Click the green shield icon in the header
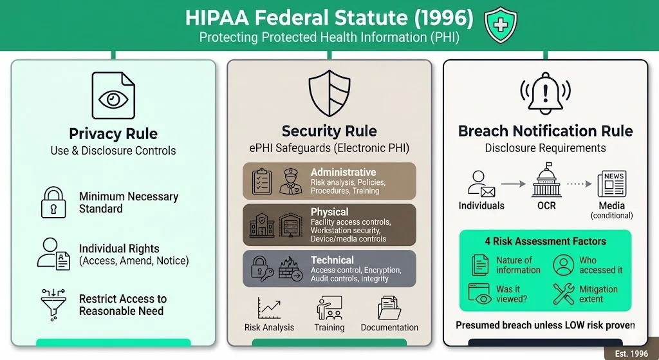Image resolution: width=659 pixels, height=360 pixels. click(x=500, y=26)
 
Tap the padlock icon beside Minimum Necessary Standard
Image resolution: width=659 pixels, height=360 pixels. click(x=54, y=202)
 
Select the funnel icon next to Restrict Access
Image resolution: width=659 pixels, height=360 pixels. click(x=54, y=305)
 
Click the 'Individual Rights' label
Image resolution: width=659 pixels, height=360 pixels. click(x=119, y=249)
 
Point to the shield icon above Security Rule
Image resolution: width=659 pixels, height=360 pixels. click(x=329, y=93)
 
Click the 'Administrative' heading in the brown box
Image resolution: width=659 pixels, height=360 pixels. click(x=343, y=172)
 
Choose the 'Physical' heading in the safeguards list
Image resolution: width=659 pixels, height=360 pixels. click(x=329, y=212)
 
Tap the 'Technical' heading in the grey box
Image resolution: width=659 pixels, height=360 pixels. click(x=332, y=260)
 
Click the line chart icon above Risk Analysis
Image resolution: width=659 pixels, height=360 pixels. click(x=269, y=308)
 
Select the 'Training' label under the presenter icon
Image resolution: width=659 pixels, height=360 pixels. click(x=329, y=327)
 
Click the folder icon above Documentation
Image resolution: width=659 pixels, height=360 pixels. click(x=389, y=308)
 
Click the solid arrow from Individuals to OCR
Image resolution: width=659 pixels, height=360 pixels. click(x=513, y=184)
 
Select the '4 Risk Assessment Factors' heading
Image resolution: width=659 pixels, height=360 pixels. click(x=545, y=242)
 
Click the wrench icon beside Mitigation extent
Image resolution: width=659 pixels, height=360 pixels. click(x=564, y=294)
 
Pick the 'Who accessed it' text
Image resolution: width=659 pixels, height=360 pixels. click(x=600, y=265)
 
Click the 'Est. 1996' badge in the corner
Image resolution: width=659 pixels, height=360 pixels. click(x=631, y=354)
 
